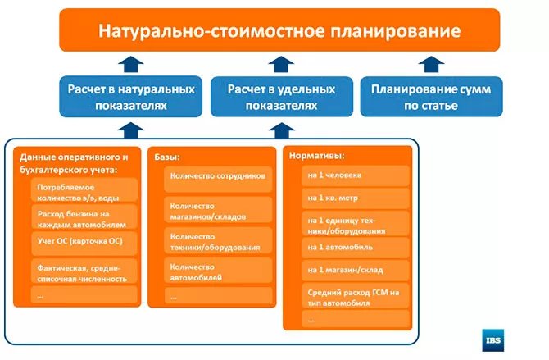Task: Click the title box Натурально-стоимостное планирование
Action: [279, 30]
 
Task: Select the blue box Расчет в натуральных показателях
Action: [130, 97]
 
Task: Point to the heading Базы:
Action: [168, 155]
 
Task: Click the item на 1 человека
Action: [356, 175]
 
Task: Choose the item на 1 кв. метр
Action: [356, 198]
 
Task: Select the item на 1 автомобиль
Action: [356, 247]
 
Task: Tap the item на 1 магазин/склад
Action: [356, 269]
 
